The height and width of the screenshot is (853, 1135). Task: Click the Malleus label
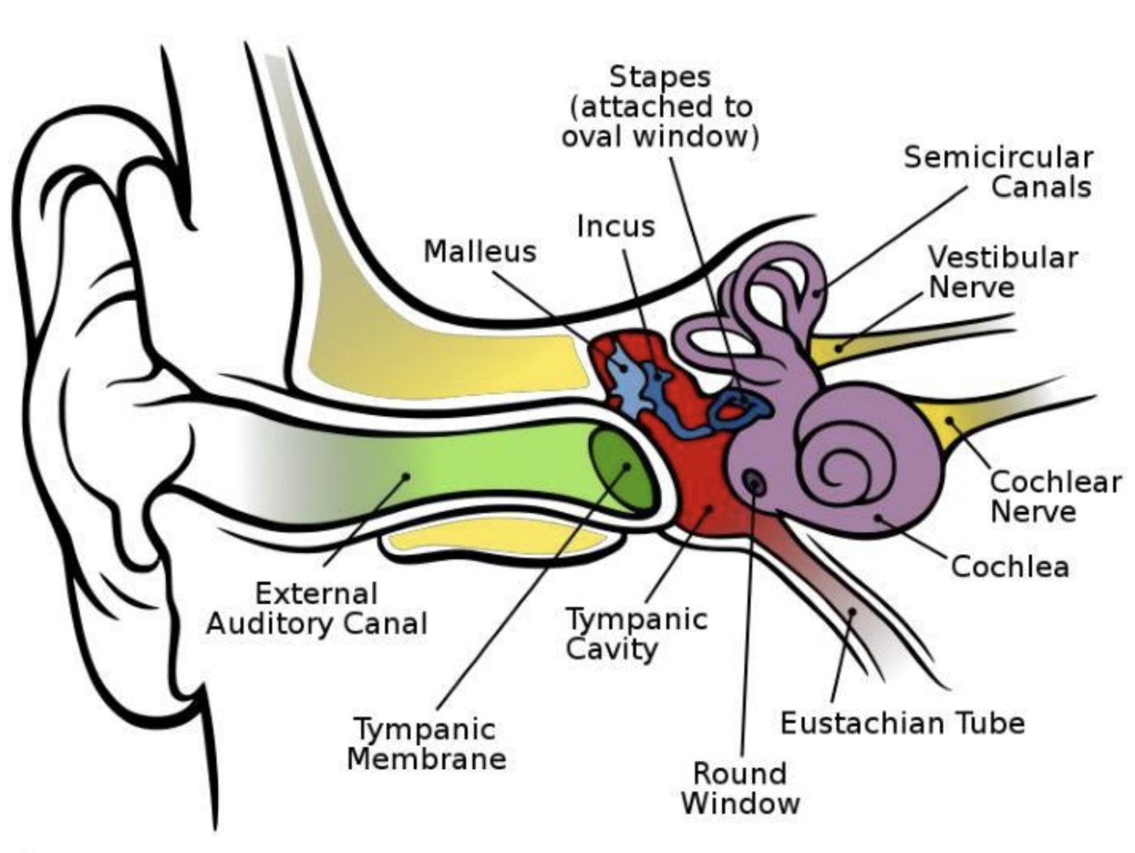click(x=480, y=251)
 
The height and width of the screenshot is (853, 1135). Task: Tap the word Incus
click(x=616, y=226)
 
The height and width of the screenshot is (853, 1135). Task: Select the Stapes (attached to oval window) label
click(x=660, y=106)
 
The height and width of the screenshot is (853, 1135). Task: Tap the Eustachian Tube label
click(x=902, y=723)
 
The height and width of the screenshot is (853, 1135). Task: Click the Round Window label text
click(x=740, y=788)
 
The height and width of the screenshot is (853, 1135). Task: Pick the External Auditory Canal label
click(x=317, y=608)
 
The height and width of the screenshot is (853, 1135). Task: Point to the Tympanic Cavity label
click(x=635, y=634)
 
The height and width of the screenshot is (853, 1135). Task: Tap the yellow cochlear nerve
click(x=944, y=421)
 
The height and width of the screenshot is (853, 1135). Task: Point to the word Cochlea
click(x=1009, y=566)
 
